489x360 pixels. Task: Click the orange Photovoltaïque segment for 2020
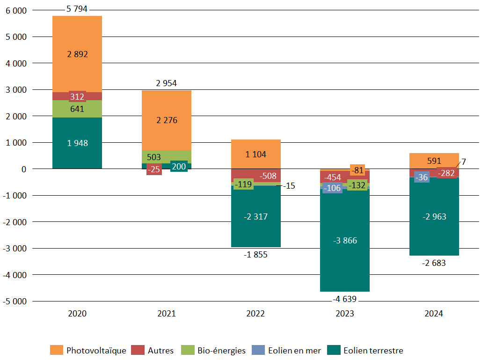click(x=77, y=54)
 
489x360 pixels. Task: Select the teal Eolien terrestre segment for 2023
click(x=345, y=241)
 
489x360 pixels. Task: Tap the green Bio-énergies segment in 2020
click(x=77, y=109)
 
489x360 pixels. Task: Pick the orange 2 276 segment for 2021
click(x=167, y=120)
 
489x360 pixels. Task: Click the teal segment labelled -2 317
click(x=255, y=217)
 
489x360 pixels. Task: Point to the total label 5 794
click(x=77, y=8)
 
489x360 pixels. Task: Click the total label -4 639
click(x=345, y=299)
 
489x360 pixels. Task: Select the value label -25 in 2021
click(x=154, y=169)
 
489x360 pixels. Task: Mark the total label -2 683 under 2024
click(x=434, y=263)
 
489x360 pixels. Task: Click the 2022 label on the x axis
click(x=255, y=314)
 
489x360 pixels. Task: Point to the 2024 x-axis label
click(x=434, y=314)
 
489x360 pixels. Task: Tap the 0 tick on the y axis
click(x=24, y=169)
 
